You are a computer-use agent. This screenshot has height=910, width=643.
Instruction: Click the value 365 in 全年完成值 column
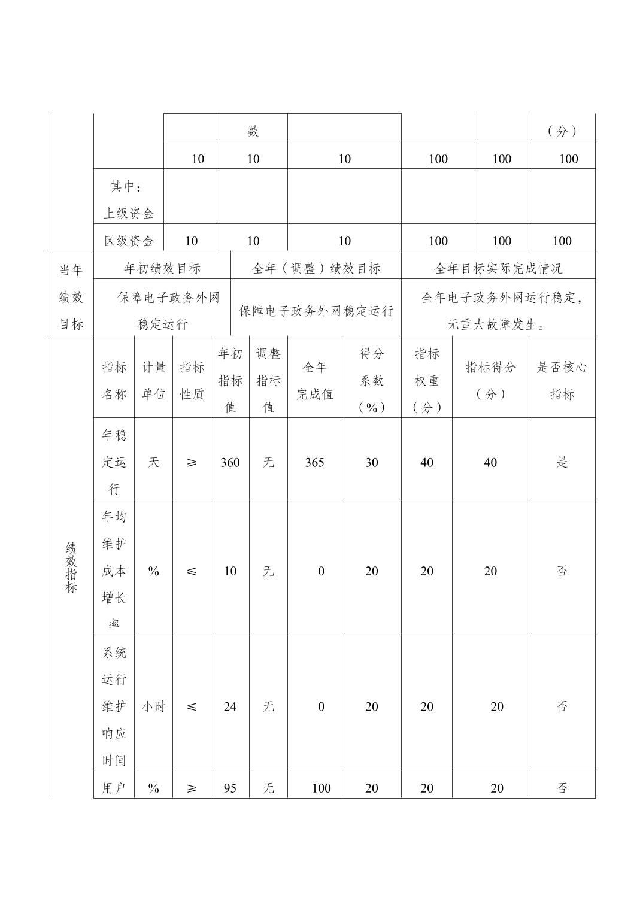click(x=314, y=462)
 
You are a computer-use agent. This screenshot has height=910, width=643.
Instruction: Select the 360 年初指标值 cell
click(x=230, y=462)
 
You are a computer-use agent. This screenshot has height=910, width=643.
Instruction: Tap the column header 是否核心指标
click(x=562, y=380)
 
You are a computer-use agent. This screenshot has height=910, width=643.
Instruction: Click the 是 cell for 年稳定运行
click(x=562, y=462)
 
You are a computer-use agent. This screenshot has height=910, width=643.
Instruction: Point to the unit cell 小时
click(x=153, y=706)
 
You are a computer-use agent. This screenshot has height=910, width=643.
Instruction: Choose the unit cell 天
click(x=153, y=462)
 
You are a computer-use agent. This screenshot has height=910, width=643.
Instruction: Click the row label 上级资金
click(x=129, y=213)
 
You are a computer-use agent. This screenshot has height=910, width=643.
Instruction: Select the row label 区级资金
click(x=129, y=241)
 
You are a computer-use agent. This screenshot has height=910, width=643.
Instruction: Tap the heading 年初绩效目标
click(x=162, y=268)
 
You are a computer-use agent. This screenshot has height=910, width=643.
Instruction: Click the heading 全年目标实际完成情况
click(x=498, y=268)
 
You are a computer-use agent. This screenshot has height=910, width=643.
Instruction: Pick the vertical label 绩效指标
click(x=71, y=567)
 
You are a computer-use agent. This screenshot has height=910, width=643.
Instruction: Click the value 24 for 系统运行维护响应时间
click(x=230, y=706)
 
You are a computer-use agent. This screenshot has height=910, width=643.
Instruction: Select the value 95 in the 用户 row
click(x=230, y=788)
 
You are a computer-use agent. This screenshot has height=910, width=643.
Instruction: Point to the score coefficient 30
click(x=371, y=462)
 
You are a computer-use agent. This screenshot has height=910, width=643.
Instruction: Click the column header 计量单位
click(x=153, y=380)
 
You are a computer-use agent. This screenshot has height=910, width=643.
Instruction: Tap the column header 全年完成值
click(x=314, y=380)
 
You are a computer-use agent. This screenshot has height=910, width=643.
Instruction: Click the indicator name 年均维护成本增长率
click(x=114, y=570)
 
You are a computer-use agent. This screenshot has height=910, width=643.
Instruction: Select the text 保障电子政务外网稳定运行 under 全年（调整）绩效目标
click(x=316, y=311)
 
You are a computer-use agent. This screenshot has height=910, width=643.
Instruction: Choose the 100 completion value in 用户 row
click(x=321, y=788)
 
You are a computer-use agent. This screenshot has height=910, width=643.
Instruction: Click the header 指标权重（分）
click(x=426, y=380)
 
